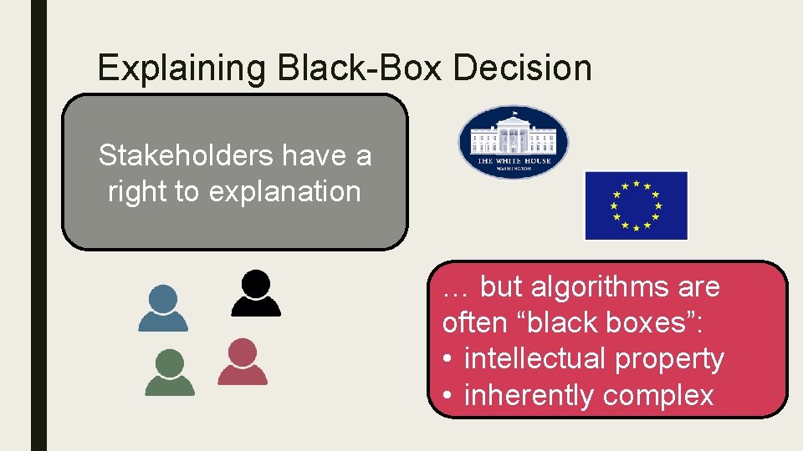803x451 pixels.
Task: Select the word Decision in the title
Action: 523,68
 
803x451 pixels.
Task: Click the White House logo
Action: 513,142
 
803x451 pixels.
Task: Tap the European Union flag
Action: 636,205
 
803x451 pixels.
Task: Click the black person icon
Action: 255,292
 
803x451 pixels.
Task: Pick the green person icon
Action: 170,372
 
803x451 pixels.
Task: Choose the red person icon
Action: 243,362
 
